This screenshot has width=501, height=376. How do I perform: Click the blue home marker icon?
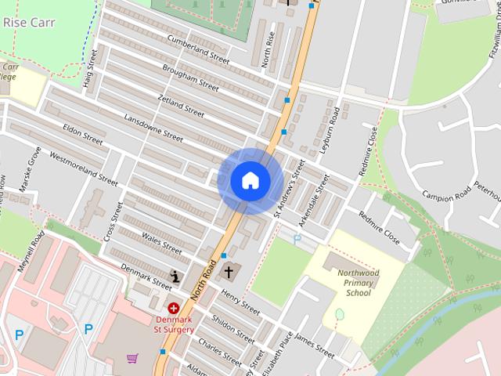[250, 180]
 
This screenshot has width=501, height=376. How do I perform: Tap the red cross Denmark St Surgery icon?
[173, 309]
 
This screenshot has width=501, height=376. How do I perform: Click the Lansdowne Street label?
[153, 127]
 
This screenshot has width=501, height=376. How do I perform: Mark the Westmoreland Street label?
[83, 168]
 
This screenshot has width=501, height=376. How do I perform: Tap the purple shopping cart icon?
[132, 359]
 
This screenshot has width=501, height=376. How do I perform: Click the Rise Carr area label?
[26, 23]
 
